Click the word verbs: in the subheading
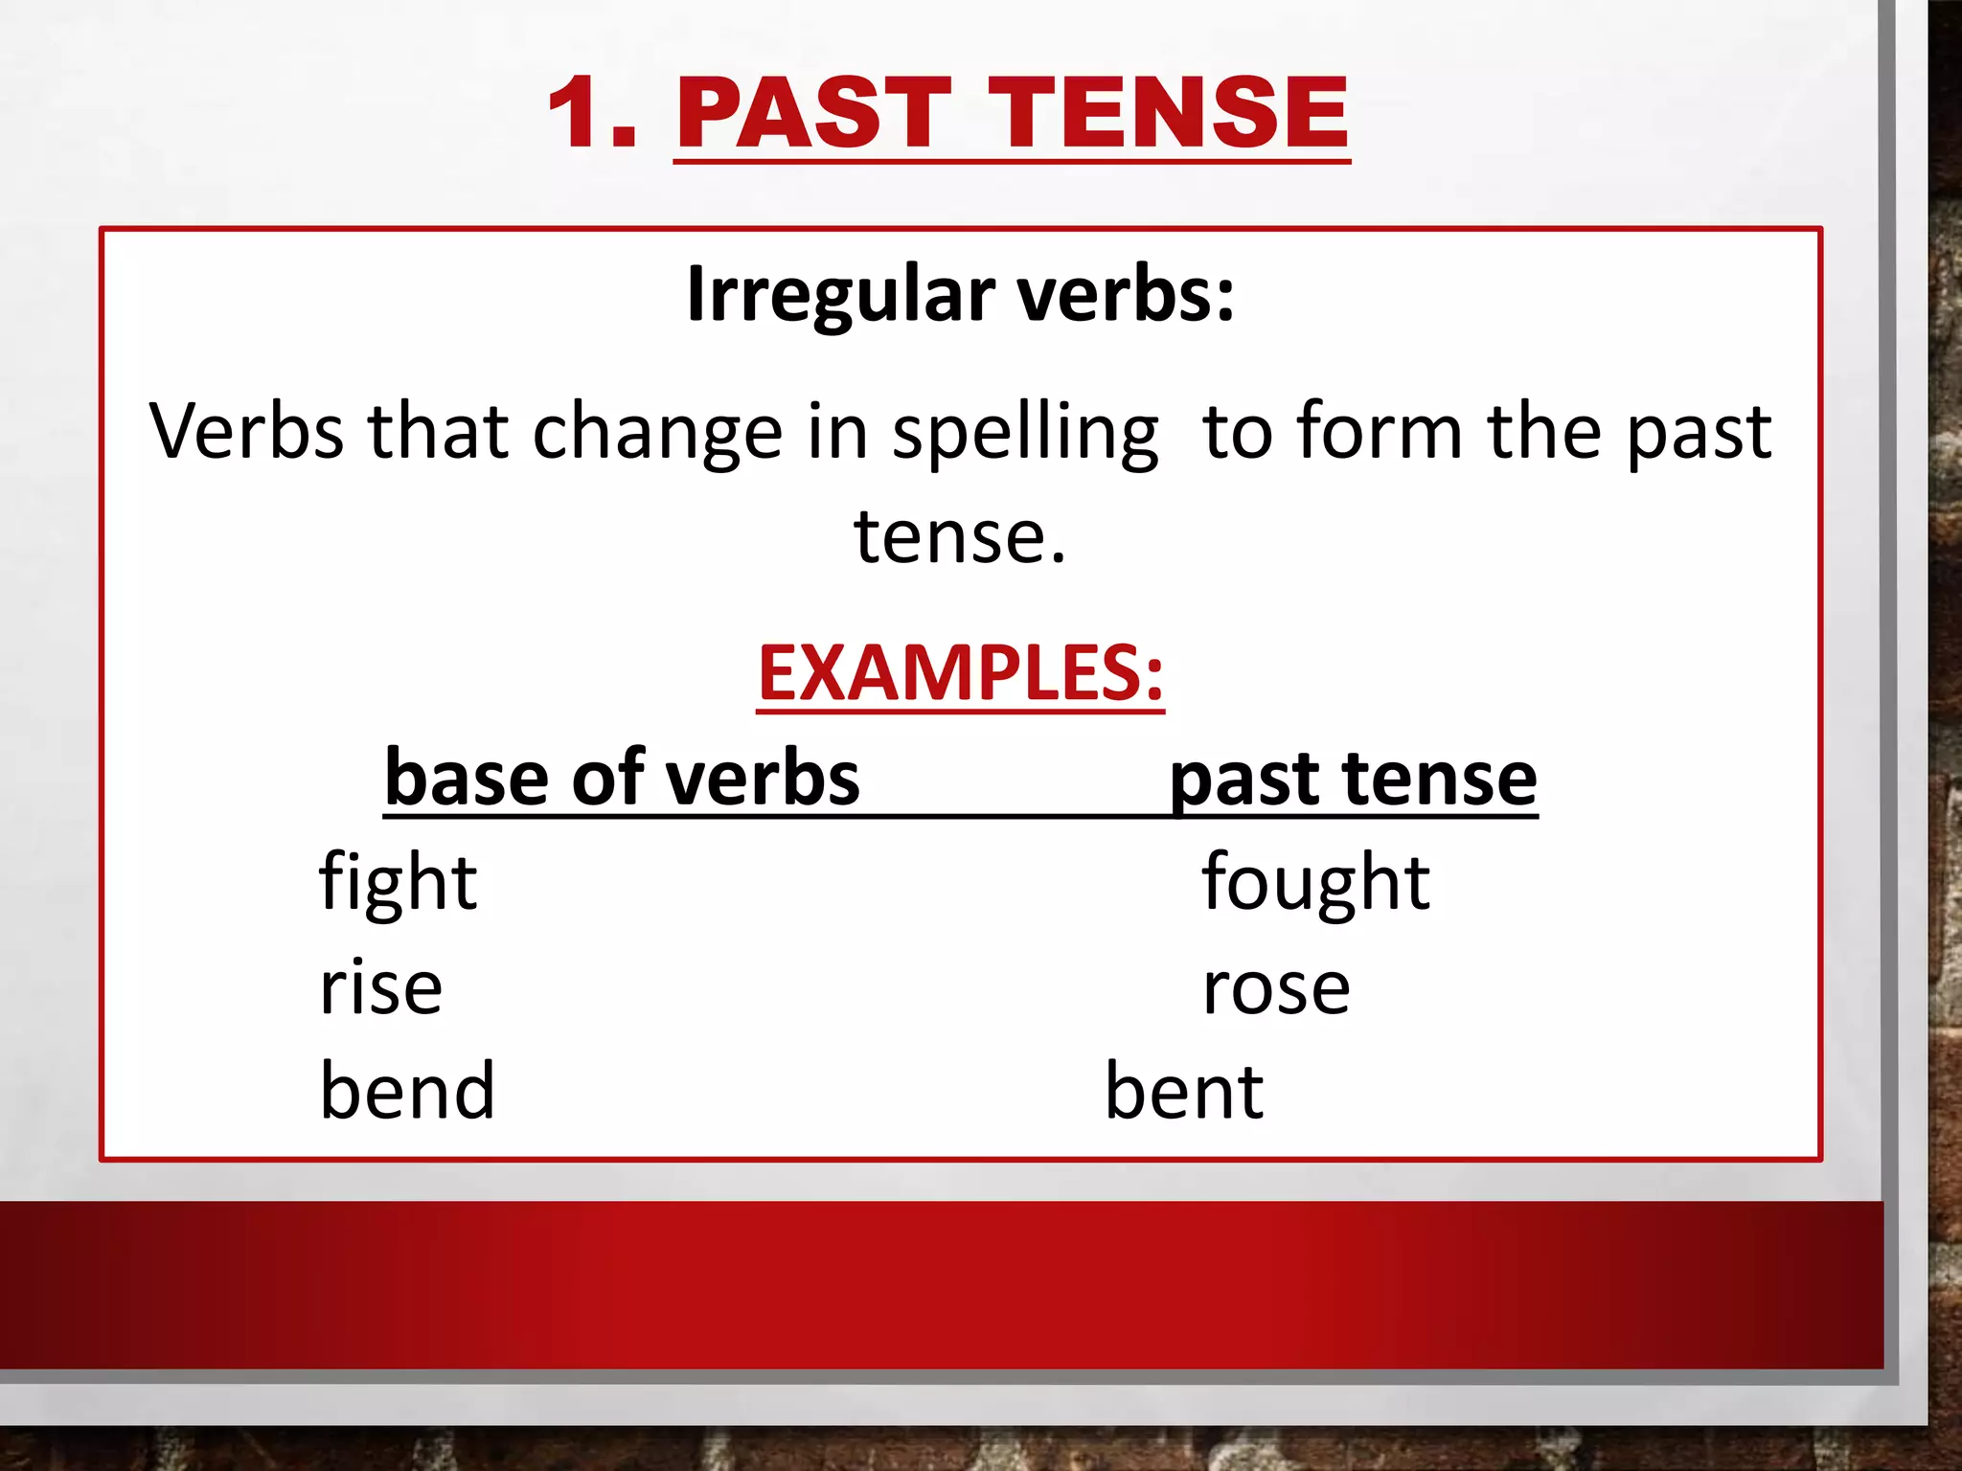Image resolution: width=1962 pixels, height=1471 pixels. [x=1126, y=294]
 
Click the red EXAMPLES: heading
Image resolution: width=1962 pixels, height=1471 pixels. [x=960, y=672]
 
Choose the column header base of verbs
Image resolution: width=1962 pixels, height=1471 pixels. [x=622, y=778]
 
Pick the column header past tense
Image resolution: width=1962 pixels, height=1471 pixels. [x=1353, y=780]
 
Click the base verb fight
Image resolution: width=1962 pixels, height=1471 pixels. [x=398, y=882]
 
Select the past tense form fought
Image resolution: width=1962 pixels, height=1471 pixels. [x=1315, y=882]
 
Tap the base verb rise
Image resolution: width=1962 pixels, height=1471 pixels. [x=380, y=987]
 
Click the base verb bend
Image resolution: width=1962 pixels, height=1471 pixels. [x=407, y=1091]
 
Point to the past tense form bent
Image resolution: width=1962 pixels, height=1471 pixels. [x=1184, y=1091]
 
